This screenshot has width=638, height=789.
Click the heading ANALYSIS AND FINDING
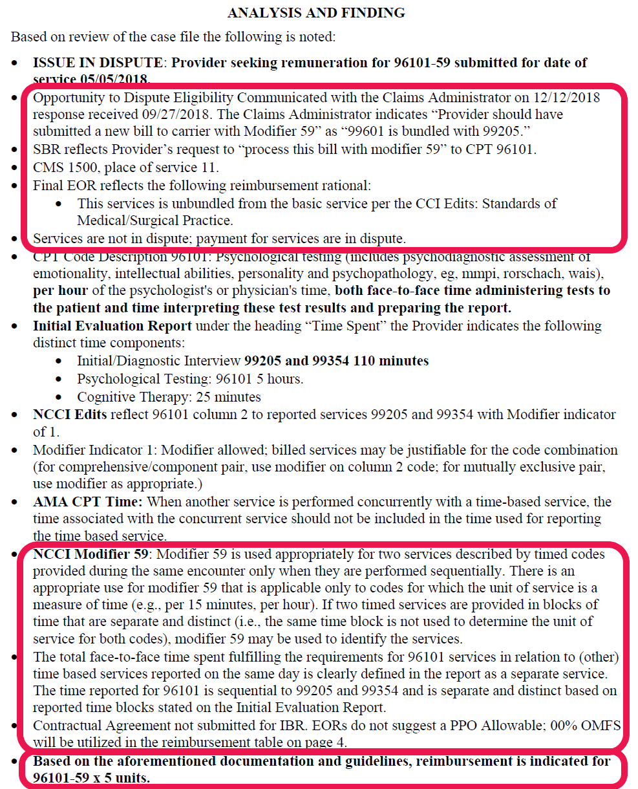316,12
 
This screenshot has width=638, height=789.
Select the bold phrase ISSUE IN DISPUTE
98,63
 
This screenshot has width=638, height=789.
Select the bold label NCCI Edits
69,415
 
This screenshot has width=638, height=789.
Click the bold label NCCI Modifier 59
92,554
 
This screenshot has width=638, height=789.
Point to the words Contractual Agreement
94,725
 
